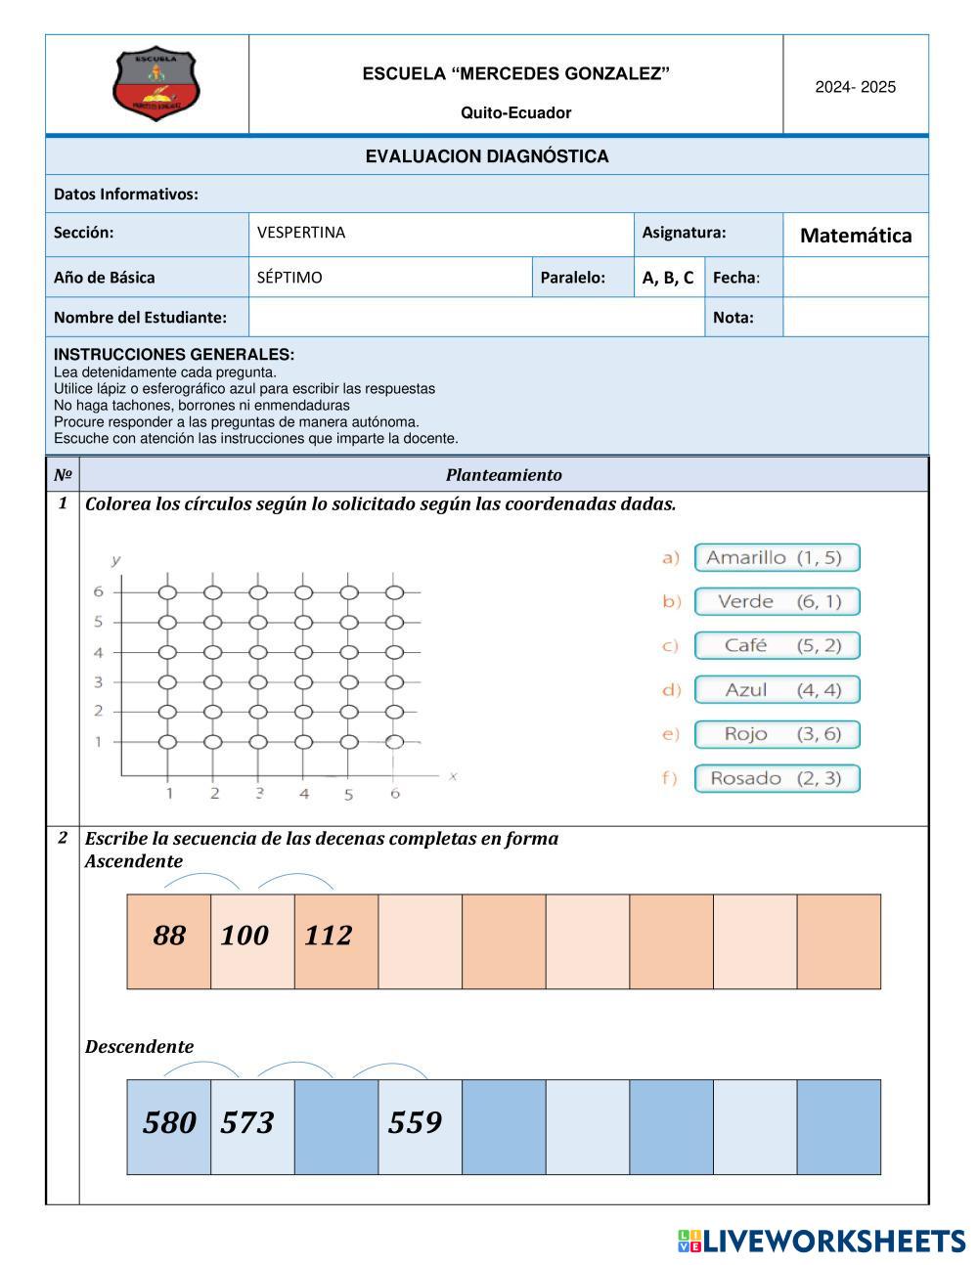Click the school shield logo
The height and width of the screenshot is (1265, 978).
156,85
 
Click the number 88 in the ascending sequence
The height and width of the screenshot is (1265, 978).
169,936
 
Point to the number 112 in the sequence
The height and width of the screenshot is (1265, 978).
328,936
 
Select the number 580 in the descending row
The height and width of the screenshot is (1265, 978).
169,1122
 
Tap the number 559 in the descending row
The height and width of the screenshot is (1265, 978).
415,1122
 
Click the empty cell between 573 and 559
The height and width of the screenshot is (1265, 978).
336,1126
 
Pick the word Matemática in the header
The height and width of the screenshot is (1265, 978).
856,236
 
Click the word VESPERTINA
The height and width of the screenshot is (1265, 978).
301,233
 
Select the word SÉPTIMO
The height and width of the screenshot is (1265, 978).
289,278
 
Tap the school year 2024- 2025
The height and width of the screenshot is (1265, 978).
856,87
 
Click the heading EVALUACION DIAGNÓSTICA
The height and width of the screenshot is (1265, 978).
487,156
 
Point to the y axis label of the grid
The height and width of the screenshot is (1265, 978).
116,560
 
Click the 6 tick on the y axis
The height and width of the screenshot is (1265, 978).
98,591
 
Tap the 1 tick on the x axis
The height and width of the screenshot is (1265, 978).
169,793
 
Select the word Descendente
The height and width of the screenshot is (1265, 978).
139,1047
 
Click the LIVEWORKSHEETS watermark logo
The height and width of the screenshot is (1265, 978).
822,1241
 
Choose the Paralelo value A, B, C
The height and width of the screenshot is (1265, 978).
668,278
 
